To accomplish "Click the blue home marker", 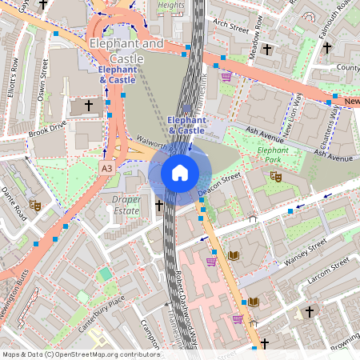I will pyautogui.click(x=180, y=172).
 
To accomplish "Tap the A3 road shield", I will pyautogui.click(x=107, y=169).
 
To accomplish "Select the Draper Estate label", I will pyautogui.click(x=126, y=204).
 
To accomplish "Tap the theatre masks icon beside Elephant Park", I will pyautogui.click(x=276, y=176).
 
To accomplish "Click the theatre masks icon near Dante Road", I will pyautogui.click(x=35, y=206).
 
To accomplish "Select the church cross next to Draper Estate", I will pyautogui.click(x=158, y=206).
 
